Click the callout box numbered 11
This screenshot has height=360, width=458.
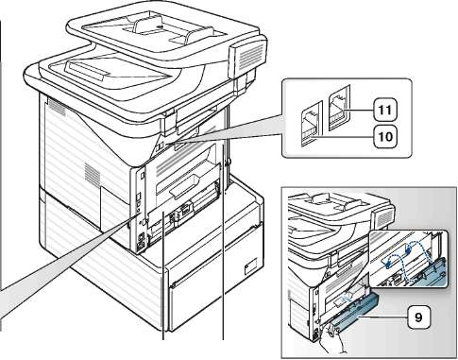(385, 110)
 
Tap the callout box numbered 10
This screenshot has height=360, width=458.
(385, 136)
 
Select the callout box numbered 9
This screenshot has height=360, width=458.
(418, 317)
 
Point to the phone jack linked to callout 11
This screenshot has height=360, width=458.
(339, 108)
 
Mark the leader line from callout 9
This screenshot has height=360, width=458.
(383, 317)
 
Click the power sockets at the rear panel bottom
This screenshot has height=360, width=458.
(141, 241)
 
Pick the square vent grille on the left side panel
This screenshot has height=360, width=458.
(93, 174)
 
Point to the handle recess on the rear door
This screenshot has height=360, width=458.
(185, 185)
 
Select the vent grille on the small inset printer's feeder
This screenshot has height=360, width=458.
(384, 218)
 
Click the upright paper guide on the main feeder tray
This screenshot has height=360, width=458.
(145, 26)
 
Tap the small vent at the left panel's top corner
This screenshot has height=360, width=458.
(57, 108)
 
